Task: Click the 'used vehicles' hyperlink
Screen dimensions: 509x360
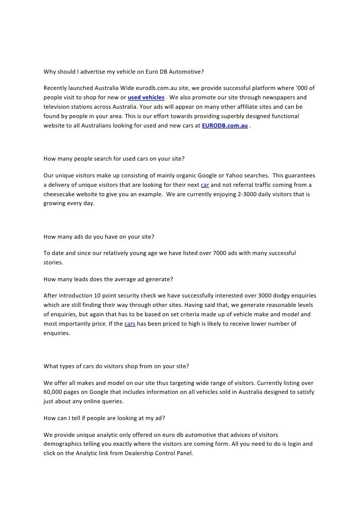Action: point(146,97)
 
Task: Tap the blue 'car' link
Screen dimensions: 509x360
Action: point(205,185)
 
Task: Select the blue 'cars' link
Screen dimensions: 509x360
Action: point(130,324)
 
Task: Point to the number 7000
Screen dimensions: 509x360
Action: point(220,253)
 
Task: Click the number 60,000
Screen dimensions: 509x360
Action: point(53,392)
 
